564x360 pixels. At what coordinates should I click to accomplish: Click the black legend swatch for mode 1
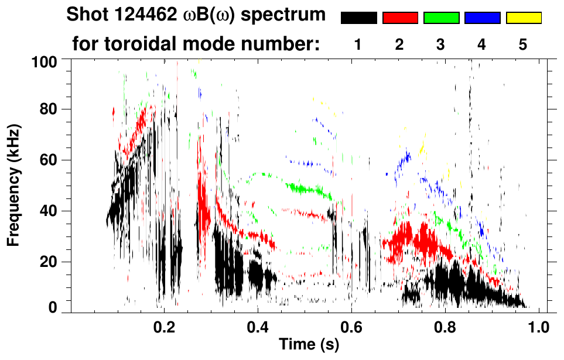tap(358, 18)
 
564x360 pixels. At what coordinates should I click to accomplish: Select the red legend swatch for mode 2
tap(400, 18)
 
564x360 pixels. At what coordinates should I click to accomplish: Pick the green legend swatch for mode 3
tap(441, 18)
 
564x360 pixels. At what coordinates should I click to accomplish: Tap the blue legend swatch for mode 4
tap(482, 18)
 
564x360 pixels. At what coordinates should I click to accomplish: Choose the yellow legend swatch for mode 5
tap(524, 18)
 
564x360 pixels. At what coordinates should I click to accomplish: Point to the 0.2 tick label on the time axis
tap(164, 327)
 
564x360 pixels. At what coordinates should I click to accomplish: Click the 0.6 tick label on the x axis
tap(351, 327)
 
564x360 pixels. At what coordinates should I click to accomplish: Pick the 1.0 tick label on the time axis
tap(539, 327)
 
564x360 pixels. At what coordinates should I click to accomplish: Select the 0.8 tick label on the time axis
tap(445, 327)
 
